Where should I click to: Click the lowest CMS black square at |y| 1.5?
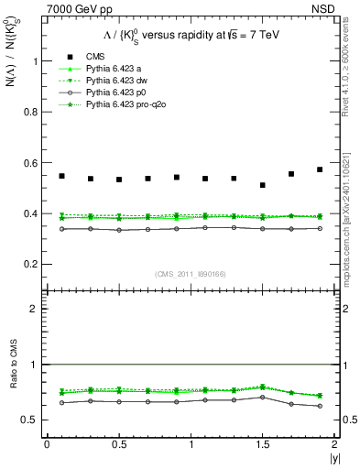[263, 185]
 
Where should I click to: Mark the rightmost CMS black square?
[320, 169]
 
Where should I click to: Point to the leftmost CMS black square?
[61, 176]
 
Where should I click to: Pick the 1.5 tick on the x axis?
[262, 444]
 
